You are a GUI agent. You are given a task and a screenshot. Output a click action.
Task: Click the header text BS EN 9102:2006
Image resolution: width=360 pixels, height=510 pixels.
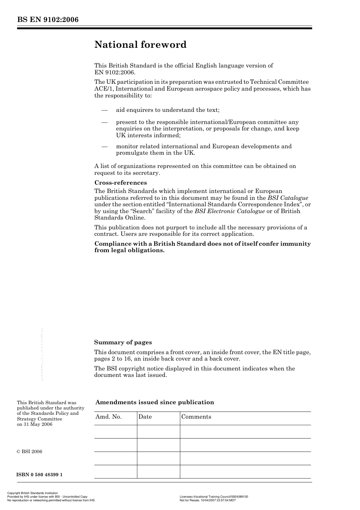48,20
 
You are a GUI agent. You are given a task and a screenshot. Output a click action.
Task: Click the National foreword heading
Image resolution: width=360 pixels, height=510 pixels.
140,45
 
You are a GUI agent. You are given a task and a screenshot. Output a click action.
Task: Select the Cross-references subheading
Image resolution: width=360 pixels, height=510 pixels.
121,183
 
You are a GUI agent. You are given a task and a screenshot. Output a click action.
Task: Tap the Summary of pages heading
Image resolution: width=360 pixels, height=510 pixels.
123,342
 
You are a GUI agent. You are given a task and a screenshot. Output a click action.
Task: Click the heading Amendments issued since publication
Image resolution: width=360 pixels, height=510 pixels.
155,402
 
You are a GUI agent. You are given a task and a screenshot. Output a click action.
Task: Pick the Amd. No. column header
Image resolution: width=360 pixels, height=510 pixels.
108,417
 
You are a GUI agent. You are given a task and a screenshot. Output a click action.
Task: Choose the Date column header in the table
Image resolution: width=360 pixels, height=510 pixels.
145,417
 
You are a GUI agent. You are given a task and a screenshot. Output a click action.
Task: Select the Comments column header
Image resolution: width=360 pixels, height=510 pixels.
196,417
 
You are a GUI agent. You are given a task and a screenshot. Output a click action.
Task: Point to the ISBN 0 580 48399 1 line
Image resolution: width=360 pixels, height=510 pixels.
39,475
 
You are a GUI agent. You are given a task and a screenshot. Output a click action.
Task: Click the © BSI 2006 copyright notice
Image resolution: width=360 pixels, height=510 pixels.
30,452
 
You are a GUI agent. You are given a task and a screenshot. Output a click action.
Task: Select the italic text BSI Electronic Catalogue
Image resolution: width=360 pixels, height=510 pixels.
230,211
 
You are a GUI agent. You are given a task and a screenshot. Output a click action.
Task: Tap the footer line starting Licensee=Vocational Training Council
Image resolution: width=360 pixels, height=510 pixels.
214,497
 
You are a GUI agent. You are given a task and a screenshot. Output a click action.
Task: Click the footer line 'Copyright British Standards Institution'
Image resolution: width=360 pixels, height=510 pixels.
33,493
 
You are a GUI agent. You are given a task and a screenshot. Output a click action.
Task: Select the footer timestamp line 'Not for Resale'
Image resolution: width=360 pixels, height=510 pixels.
208,500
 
